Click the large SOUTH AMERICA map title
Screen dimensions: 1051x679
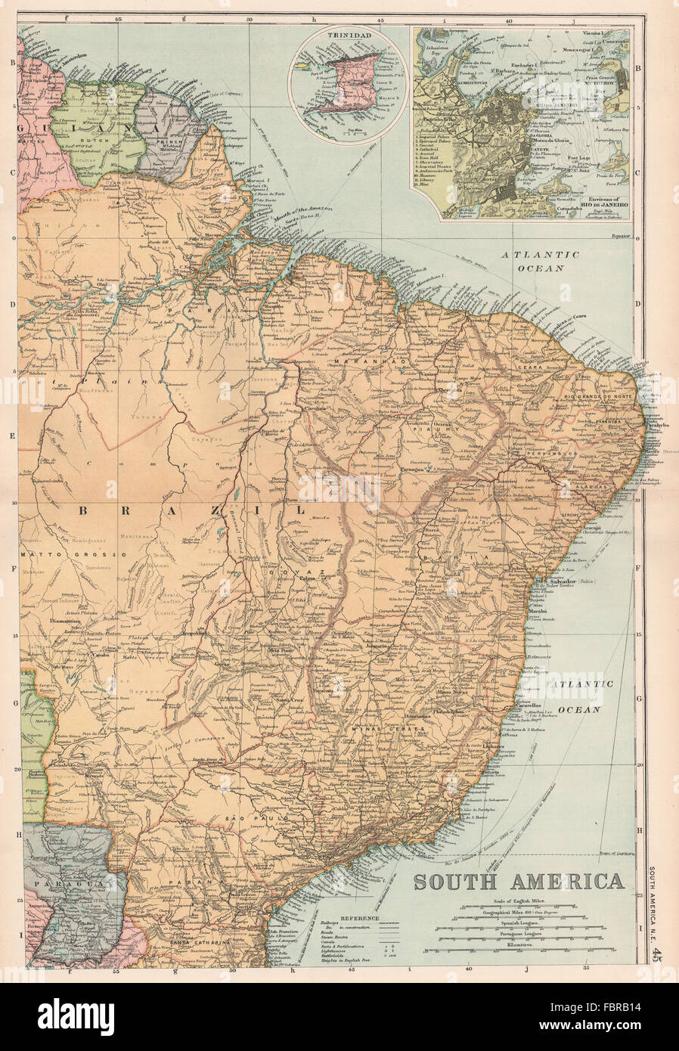pyautogui.click(x=518, y=881)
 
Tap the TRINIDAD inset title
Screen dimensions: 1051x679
pyautogui.click(x=349, y=34)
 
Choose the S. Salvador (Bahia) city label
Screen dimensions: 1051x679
pyautogui.click(x=578, y=581)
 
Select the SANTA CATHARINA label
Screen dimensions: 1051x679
pyautogui.click(x=199, y=944)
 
